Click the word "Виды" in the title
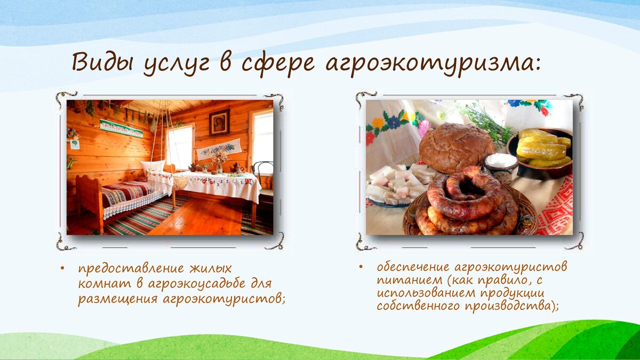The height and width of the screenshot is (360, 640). (102, 62)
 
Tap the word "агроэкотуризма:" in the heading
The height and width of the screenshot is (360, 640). (433, 65)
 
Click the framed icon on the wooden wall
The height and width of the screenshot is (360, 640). (219, 122)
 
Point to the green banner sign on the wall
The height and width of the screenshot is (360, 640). (121, 129)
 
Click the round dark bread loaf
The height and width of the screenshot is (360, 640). (457, 148)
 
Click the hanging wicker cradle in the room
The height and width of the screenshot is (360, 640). (181, 182)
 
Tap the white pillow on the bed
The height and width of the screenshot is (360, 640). (152, 166)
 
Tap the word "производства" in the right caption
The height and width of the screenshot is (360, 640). (508, 306)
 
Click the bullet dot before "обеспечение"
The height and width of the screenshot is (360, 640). (361, 267)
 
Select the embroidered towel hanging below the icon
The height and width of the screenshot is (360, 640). (219, 149)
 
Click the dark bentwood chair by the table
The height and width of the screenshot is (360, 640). (263, 183)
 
